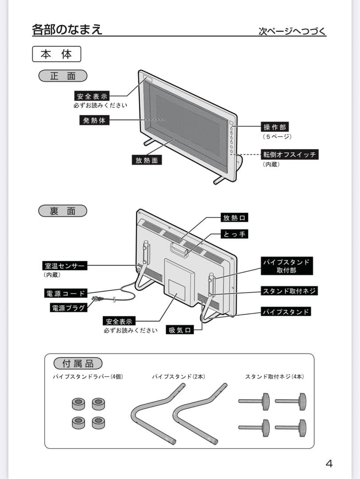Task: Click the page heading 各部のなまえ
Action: (67, 30)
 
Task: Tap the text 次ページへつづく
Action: (292, 31)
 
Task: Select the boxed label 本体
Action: (56, 55)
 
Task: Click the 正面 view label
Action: (63, 76)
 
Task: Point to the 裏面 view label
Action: (63, 211)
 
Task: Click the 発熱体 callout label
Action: (94, 120)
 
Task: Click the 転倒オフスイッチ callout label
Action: (290, 154)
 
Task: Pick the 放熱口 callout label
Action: (234, 217)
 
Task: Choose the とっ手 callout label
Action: (234, 234)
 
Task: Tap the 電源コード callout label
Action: (65, 293)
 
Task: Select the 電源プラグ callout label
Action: (68, 307)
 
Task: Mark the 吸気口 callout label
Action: (180, 330)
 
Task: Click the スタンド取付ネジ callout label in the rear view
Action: (290, 291)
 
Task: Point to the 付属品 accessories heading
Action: (78, 364)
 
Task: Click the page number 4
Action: (329, 464)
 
